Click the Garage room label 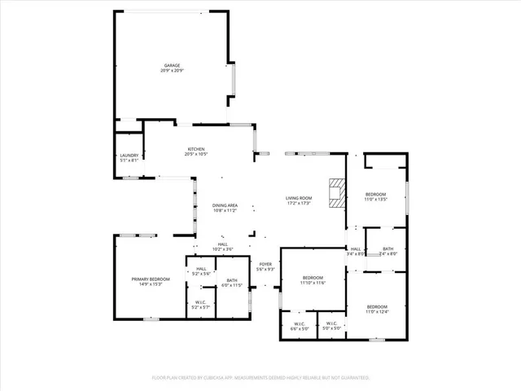[x=172, y=65]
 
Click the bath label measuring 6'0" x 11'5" [x=232, y=283]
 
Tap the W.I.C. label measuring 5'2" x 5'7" [x=200, y=305]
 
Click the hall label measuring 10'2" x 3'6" [x=222, y=247]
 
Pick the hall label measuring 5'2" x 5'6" [x=200, y=271]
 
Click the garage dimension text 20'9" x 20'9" [x=172, y=71]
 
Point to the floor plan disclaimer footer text [x=260, y=378]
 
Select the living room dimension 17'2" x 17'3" [x=299, y=204]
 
